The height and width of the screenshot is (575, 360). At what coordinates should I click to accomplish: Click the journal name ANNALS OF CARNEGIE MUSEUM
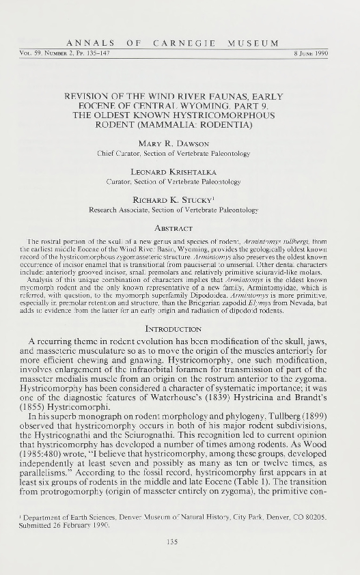tap(180, 44)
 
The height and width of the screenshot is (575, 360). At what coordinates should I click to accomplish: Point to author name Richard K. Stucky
tap(179, 181)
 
